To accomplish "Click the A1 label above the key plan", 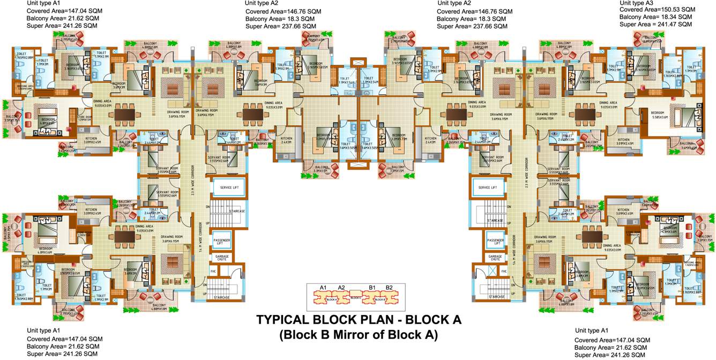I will (x=323, y=288).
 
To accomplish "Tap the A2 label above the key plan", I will (x=341, y=288).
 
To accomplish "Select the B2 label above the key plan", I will (x=390, y=288).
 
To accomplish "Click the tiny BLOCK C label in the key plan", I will (x=355, y=296).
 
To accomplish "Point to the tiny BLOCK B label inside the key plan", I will (x=379, y=299).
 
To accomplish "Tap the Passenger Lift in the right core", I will (x=494, y=242).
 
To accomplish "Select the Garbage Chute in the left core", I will (x=222, y=258).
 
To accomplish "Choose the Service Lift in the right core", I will (x=488, y=187).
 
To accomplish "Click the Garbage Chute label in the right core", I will (x=496, y=258).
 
